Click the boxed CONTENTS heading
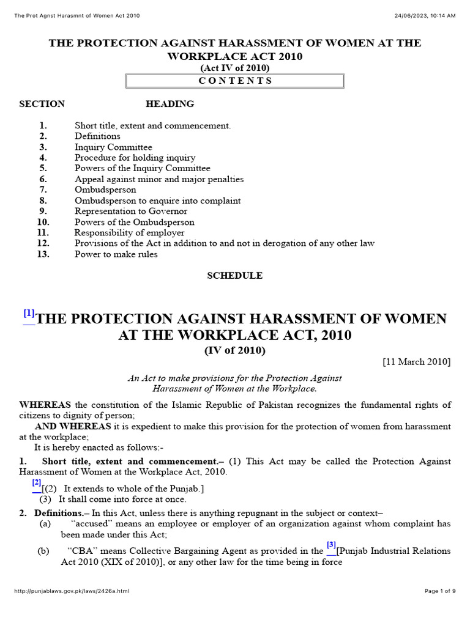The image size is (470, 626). point(235,81)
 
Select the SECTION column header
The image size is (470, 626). point(42,104)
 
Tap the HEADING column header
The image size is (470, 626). point(170,104)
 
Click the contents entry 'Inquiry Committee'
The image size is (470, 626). point(113,147)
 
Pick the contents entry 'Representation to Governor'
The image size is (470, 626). point(131,212)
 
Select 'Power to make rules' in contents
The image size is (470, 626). point(116,254)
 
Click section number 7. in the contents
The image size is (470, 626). point(43,190)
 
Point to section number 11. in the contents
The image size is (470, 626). point(43,233)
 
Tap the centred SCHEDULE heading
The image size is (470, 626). point(234,276)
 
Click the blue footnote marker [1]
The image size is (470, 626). point(29,314)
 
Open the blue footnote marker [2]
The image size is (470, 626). point(37,483)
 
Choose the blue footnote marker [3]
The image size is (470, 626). point(331,545)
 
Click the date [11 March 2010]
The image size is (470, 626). point(416,362)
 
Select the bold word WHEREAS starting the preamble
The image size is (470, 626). point(45,405)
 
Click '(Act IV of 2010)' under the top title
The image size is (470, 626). point(235,68)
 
